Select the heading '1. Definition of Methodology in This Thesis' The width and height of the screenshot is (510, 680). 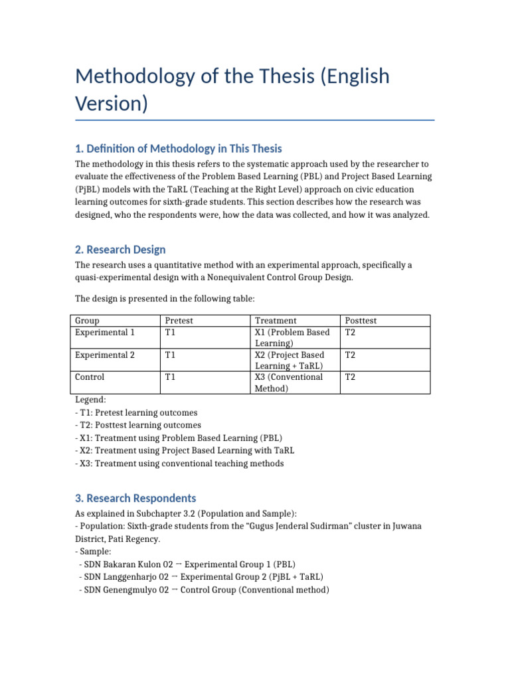[x=178, y=148]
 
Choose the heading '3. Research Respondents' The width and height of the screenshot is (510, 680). [x=135, y=497]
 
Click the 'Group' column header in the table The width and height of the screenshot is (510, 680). [x=87, y=321]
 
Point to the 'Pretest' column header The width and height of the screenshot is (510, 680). [x=179, y=321]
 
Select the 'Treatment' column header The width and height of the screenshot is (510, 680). [x=276, y=321]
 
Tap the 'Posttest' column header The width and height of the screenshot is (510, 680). [x=361, y=321]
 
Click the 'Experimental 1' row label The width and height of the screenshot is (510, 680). [x=105, y=332]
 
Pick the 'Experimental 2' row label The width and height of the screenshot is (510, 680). [x=105, y=355]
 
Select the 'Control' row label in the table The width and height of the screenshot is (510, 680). [x=90, y=377]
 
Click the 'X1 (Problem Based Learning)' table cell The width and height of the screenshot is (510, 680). [x=292, y=337]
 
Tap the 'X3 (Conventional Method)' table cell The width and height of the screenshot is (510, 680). [x=289, y=382]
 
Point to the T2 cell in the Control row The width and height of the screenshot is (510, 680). [x=351, y=377]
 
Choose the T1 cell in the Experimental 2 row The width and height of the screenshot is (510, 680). [x=171, y=355]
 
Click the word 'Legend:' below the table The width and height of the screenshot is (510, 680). [x=90, y=400]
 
